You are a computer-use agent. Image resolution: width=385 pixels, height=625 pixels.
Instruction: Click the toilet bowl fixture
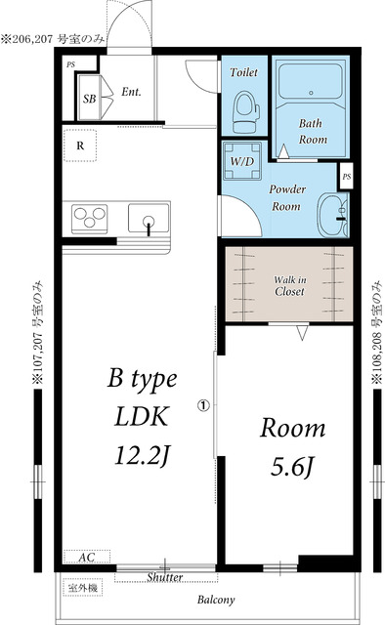point(246,112)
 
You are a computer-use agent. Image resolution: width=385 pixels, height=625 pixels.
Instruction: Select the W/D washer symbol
point(242,161)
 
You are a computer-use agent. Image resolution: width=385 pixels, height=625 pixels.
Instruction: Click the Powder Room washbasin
point(332,215)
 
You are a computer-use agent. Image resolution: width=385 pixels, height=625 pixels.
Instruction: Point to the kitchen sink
point(149,218)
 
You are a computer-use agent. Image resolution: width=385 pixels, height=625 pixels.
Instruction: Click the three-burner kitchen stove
point(89,219)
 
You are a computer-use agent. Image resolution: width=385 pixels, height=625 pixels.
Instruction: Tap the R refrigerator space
point(80,146)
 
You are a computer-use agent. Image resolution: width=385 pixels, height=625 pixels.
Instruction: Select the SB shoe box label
point(89,99)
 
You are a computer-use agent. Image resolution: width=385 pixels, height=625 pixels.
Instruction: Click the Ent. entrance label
point(131,92)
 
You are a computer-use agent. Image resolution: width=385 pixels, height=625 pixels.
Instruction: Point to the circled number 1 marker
point(203,406)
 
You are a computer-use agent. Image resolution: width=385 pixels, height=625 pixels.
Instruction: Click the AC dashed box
point(87,557)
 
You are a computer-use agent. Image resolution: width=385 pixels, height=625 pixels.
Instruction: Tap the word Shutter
point(165,577)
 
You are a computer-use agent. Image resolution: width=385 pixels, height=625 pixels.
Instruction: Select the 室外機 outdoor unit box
point(83,588)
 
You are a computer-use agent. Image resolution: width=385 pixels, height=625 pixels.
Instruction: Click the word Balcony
point(216,600)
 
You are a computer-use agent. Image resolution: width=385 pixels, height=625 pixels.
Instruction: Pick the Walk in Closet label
point(289,285)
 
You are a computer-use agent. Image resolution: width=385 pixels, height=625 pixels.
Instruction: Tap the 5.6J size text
point(291,467)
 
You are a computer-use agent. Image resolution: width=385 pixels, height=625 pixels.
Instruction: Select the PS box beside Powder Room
point(346,176)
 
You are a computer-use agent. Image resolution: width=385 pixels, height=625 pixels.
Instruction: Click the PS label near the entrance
point(71,64)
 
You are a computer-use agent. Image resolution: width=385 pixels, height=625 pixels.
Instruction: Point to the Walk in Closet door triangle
point(302,333)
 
